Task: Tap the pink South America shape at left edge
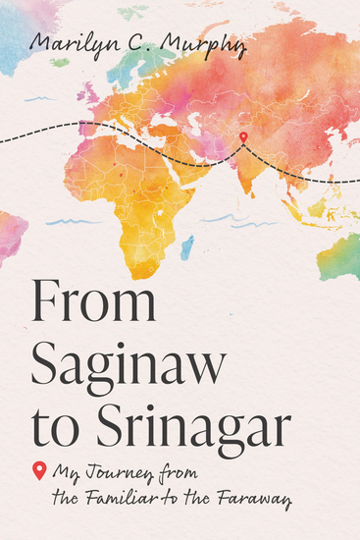[x=10, y=236]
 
